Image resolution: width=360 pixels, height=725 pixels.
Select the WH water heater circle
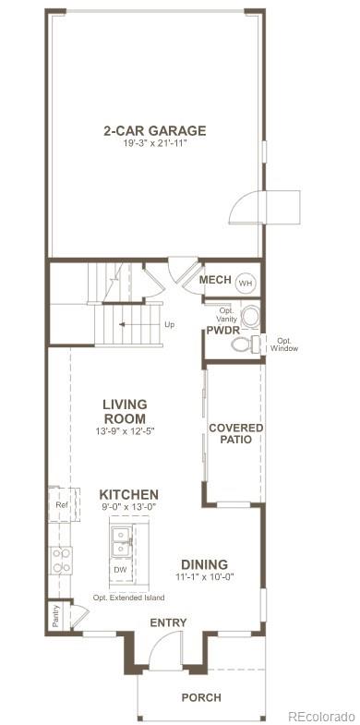coord(246,282)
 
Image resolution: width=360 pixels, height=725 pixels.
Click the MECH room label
coord(214,280)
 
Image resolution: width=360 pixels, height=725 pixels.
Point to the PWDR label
coord(222,330)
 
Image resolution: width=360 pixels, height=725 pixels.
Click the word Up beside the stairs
coord(169,325)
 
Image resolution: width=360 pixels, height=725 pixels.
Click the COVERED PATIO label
coord(235,433)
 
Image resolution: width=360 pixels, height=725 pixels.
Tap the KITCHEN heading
coord(128,495)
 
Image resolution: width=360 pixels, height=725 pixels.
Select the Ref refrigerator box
coord(61,505)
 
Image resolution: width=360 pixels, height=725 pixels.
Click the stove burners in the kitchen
coord(61,559)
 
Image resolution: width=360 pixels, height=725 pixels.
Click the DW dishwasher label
coord(120,570)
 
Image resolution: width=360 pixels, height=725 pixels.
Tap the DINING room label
coord(204,564)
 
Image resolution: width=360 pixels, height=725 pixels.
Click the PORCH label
coord(200,697)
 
